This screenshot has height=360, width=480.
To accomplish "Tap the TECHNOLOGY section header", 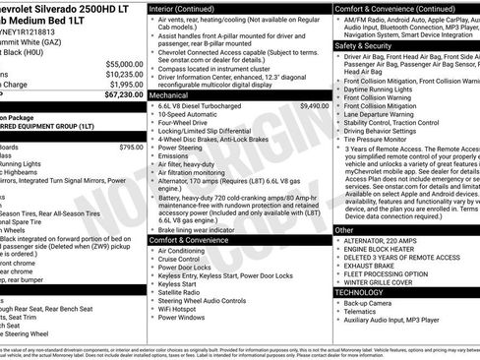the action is pos(358,292).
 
